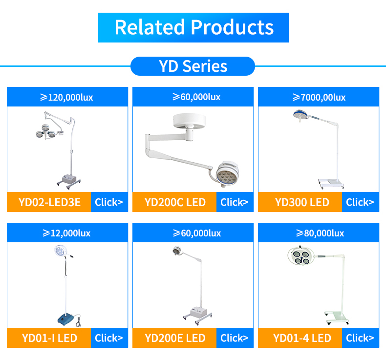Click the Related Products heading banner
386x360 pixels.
[193, 27]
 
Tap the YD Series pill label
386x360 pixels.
[193, 66]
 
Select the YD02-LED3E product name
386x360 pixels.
[49, 202]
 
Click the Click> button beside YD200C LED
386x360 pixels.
[235, 202]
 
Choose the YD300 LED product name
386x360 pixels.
[302, 202]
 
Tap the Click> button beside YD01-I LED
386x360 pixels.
[109, 338]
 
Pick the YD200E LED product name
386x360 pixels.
[175, 338]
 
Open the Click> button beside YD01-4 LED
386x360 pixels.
[360, 338]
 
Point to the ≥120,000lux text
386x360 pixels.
[67, 97]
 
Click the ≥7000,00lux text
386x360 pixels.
[319, 97]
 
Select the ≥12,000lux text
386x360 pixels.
[67, 233]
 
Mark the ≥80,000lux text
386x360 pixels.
[319, 233]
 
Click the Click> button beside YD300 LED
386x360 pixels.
[360, 202]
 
